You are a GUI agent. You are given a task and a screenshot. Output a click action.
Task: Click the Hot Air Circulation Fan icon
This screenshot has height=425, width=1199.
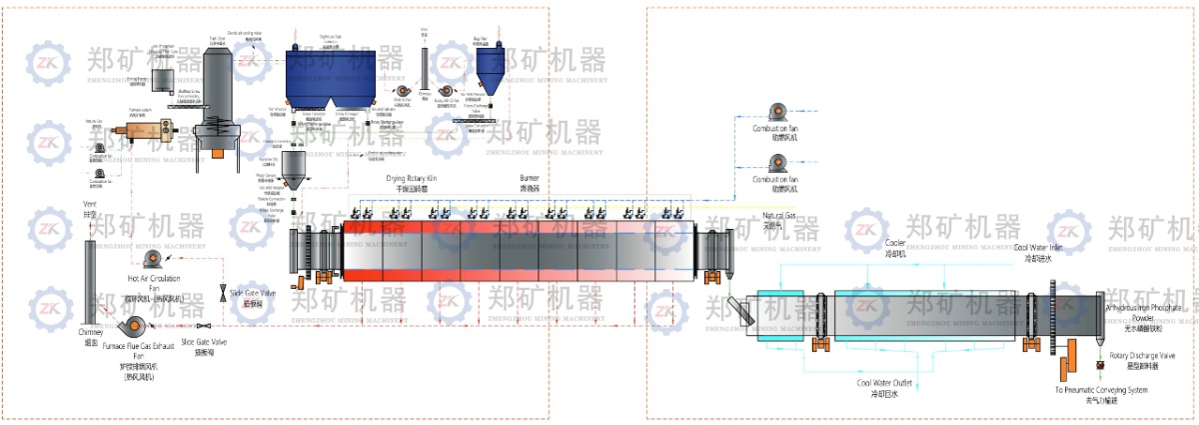coord(152,260)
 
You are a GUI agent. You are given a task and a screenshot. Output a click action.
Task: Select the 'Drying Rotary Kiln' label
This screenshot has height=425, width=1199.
coord(412,179)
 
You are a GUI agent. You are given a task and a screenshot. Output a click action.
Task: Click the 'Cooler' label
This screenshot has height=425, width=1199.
coord(896,248)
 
